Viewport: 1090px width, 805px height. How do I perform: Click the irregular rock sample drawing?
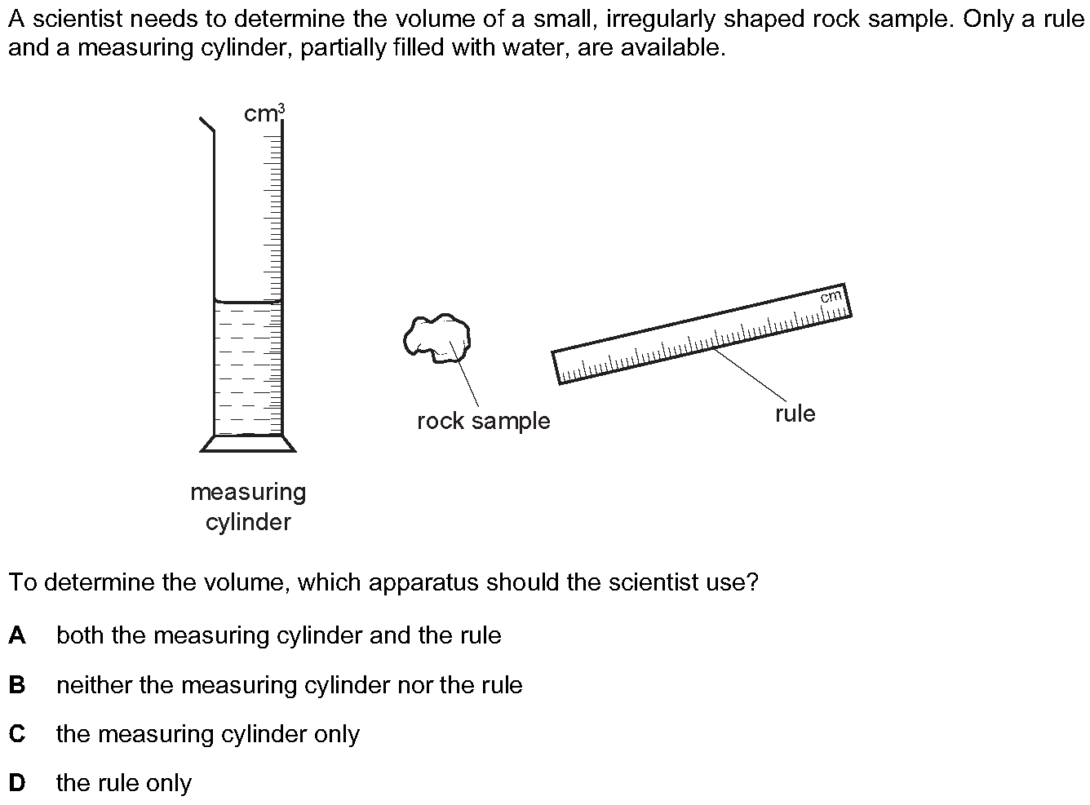point(436,338)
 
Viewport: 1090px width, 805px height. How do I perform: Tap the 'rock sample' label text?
point(484,421)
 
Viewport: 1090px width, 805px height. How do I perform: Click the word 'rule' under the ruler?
point(795,414)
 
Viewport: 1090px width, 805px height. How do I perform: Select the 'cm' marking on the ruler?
point(831,297)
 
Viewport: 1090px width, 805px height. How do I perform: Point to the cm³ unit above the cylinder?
point(264,113)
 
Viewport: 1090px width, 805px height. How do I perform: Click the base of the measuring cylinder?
point(248,444)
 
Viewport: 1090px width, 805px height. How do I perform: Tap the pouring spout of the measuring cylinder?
point(207,125)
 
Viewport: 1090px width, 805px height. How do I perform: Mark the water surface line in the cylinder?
point(248,301)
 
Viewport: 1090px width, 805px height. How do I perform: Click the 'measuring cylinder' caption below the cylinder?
point(248,506)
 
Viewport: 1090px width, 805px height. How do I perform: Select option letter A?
point(17,635)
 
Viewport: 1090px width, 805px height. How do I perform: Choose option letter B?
point(17,684)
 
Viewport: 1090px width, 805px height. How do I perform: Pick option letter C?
point(17,734)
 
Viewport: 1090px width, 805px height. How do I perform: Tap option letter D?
point(17,782)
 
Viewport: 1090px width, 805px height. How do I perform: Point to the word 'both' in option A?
point(80,635)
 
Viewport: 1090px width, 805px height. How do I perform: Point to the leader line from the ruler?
point(750,374)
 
